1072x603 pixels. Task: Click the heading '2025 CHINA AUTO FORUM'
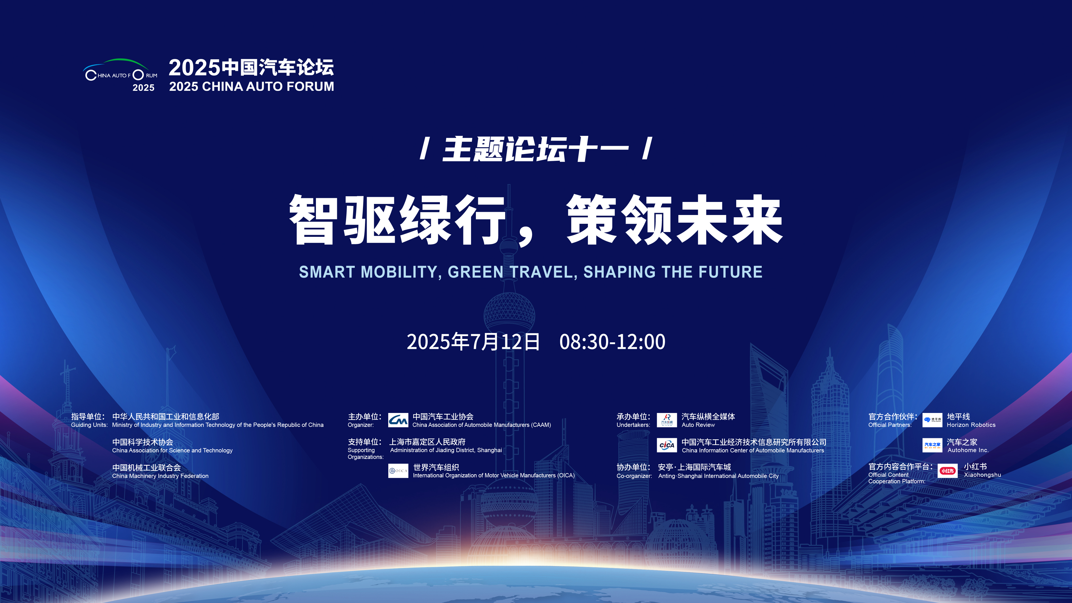click(x=251, y=87)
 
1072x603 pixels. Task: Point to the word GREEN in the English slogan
click(x=476, y=272)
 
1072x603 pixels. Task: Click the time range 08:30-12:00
click(x=612, y=342)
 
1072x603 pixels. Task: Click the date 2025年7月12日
click(x=473, y=342)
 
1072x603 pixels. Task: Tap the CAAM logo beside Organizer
click(x=398, y=420)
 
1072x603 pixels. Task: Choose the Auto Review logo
click(x=667, y=420)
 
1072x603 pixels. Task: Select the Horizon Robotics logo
click(x=932, y=420)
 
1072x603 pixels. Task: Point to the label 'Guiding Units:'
click(x=89, y=425)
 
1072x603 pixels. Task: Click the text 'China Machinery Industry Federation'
click(x=160, y=476)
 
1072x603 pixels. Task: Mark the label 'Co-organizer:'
click(x=634, y=476)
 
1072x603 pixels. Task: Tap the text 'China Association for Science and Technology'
click(x=172, y=451)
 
